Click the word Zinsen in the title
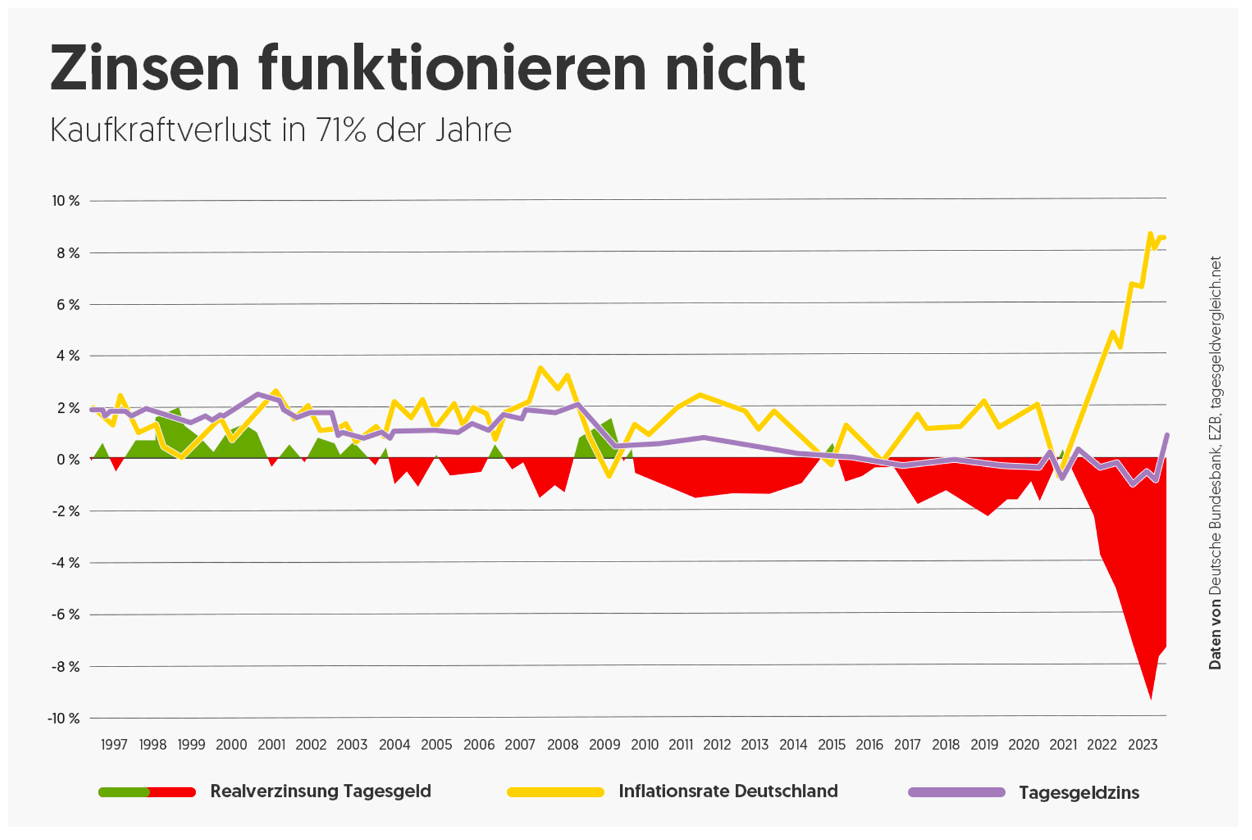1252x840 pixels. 145,68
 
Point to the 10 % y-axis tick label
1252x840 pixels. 66,201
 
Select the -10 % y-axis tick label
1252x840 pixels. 63,719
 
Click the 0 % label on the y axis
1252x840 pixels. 68,460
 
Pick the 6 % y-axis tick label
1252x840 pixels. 68,305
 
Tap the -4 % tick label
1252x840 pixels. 65,563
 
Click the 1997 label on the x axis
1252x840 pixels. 114,745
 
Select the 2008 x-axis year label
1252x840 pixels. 562,745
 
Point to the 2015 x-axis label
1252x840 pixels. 831,745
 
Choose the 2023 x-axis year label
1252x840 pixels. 1142,745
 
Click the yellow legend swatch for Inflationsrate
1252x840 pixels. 556,792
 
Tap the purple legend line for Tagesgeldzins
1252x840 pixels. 957,792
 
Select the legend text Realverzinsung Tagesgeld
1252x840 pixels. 320,792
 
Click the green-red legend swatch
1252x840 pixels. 147,792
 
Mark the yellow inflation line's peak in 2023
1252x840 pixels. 1150,233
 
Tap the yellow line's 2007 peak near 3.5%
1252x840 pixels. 540,368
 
